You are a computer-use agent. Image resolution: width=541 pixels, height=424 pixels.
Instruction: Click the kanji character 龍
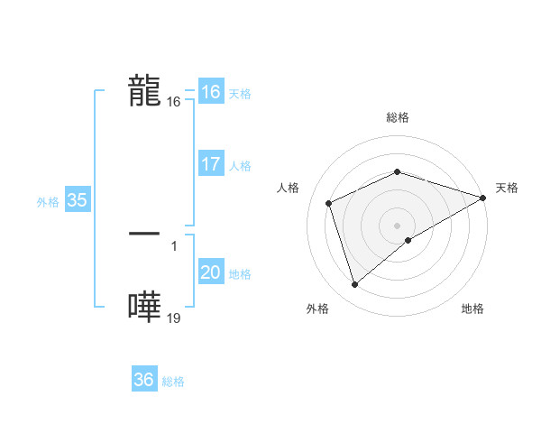145,91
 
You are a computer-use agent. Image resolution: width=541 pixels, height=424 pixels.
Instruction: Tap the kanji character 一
145,233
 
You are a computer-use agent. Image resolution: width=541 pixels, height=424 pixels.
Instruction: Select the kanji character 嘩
145,307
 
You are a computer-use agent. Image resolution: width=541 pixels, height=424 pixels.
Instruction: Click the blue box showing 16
210,92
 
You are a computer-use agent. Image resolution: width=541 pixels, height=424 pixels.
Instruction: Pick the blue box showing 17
210,164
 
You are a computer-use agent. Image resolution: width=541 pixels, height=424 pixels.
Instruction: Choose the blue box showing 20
210,272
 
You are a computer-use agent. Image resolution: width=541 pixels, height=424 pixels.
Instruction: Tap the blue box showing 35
77,200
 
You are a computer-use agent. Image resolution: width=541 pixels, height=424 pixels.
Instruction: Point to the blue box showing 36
143,380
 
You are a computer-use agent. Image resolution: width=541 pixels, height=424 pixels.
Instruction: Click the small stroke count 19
173,318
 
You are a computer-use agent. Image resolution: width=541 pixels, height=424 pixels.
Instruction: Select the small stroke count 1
173,244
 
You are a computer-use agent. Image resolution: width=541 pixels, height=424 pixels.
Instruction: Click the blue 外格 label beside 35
48,202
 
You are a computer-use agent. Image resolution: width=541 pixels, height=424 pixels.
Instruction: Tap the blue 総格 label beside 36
173,382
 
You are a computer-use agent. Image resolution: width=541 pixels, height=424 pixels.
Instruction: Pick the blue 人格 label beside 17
240,166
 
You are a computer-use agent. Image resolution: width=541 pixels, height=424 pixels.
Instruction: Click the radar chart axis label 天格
507,188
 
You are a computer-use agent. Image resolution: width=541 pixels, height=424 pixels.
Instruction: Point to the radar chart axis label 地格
472,309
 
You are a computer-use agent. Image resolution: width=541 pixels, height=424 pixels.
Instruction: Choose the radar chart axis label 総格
397,118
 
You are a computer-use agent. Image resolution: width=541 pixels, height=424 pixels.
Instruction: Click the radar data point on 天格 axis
484,198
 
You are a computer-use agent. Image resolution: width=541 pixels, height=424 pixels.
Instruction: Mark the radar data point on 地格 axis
408,240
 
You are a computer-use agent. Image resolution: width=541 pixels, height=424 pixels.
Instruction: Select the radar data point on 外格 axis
355,285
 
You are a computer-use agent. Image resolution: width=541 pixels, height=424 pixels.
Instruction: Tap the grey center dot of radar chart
397,226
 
